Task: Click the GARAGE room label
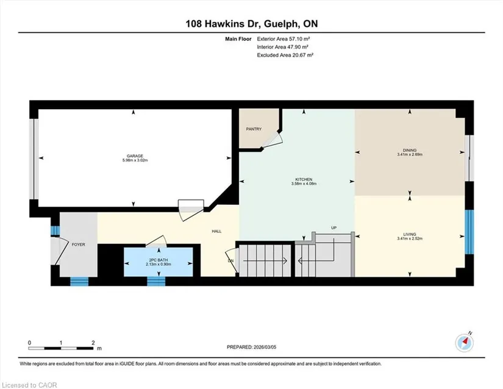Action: coord(135,156)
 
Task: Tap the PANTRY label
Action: coord(254,129)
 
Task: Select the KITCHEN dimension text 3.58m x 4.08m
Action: coord(304,184)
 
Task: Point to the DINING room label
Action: coord(410,150)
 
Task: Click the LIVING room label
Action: coord(410,234)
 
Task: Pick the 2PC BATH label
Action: coord(158,260)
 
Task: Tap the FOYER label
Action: coord(78,244)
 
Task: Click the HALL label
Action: coord(216,231)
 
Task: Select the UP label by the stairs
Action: coord(334,227)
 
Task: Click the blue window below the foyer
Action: coord(79,281)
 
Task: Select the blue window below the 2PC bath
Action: coord(156,281)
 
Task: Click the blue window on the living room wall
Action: coord(469,232)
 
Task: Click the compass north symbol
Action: coord(465,343)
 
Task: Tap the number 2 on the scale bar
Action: coord(93,343)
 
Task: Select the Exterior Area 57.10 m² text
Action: coord(284,39)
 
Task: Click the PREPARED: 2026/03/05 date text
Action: coord(251,347)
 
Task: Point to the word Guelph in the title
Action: coord(281,24)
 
